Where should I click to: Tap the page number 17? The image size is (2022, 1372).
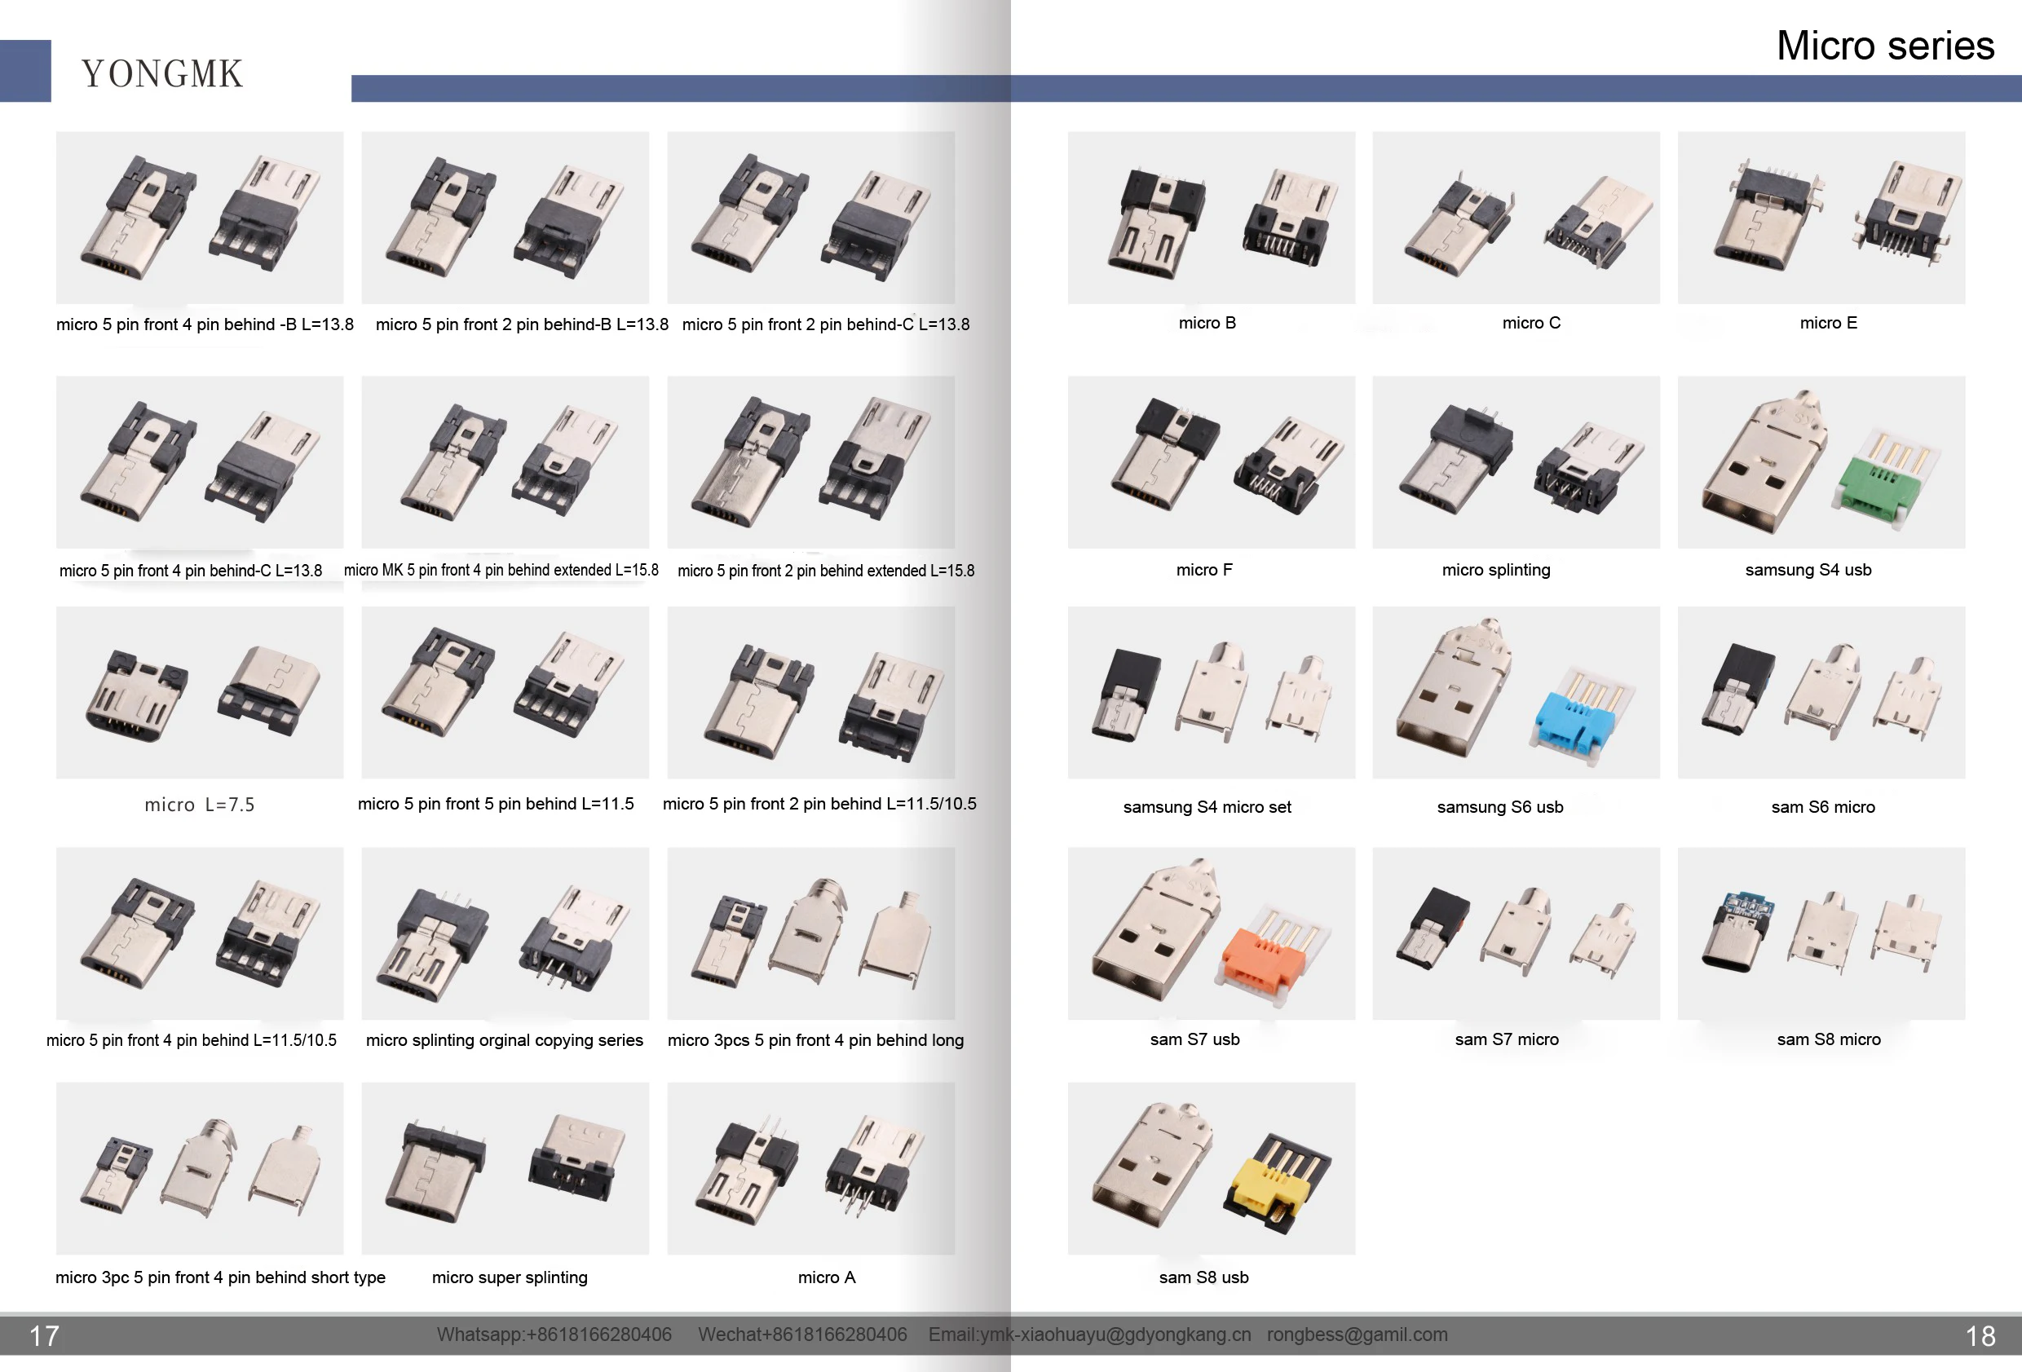pos(44,1335)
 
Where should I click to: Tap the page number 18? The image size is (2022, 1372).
pos(1980,1335)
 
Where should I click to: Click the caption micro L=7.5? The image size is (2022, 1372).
pos(199,805)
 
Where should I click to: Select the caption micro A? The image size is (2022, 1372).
pos(827,1277)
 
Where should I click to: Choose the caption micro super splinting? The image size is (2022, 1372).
pos(510,1277)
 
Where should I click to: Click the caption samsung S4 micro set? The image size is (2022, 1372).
pos(1207,806)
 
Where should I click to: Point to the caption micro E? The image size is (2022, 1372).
pos(1828,323)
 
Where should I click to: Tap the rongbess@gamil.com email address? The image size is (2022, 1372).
pos(1357,1335)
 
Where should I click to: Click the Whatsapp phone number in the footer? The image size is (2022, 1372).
pos(554,1335)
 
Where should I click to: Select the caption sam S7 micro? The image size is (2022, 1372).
pos(1506,1039)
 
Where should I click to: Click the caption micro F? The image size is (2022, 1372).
pos(1204,570)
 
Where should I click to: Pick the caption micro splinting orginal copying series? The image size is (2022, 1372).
pos(505,1039)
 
